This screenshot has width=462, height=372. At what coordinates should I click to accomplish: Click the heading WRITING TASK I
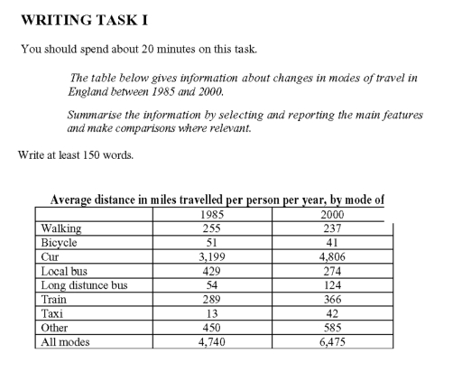click(x=79, y=19)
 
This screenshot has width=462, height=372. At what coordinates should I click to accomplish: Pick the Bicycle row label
click(x=60, y=243)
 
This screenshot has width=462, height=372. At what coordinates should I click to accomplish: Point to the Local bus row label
click(x=65, y=270)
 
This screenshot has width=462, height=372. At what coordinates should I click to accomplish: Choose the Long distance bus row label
click(x=83, y=284)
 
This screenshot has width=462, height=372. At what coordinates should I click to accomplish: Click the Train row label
click(x=55, y=299)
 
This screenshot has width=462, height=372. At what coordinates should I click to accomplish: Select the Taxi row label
click(x=53, y=312)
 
